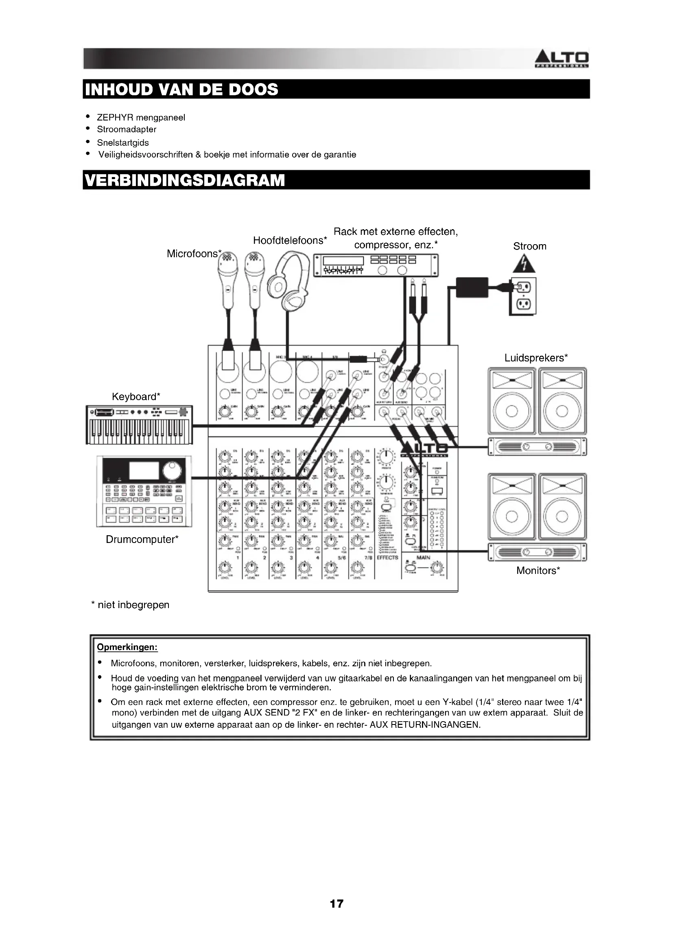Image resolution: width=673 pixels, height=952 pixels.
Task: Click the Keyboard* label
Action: [136, 397]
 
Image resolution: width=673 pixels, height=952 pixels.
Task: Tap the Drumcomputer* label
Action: [142, 539]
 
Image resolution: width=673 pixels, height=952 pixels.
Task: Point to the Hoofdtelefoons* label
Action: [290, 241]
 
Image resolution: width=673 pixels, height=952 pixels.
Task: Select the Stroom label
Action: [530, 246]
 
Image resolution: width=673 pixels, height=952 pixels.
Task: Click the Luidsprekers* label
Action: [536, 358]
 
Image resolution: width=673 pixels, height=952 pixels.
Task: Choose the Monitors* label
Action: [538, 571]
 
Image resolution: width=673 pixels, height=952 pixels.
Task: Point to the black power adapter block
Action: [472, 287]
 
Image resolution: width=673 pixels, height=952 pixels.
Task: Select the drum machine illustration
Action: [144, 492]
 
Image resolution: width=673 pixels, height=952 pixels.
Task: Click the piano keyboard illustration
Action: [139, 425]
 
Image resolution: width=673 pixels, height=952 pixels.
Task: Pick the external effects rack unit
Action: [376, 265]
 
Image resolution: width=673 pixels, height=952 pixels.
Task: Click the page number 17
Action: [336, 904]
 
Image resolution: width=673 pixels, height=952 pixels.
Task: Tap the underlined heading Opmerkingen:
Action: [127, 647]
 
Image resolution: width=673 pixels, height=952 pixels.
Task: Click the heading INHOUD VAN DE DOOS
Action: [181, 90]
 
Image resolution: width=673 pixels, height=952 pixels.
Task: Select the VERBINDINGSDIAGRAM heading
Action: [185, 180]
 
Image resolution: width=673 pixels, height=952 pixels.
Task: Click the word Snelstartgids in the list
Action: [122, 142]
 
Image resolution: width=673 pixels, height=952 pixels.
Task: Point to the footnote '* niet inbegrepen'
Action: [130, 605]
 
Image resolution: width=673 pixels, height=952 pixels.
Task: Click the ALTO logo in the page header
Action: [562, 59]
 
